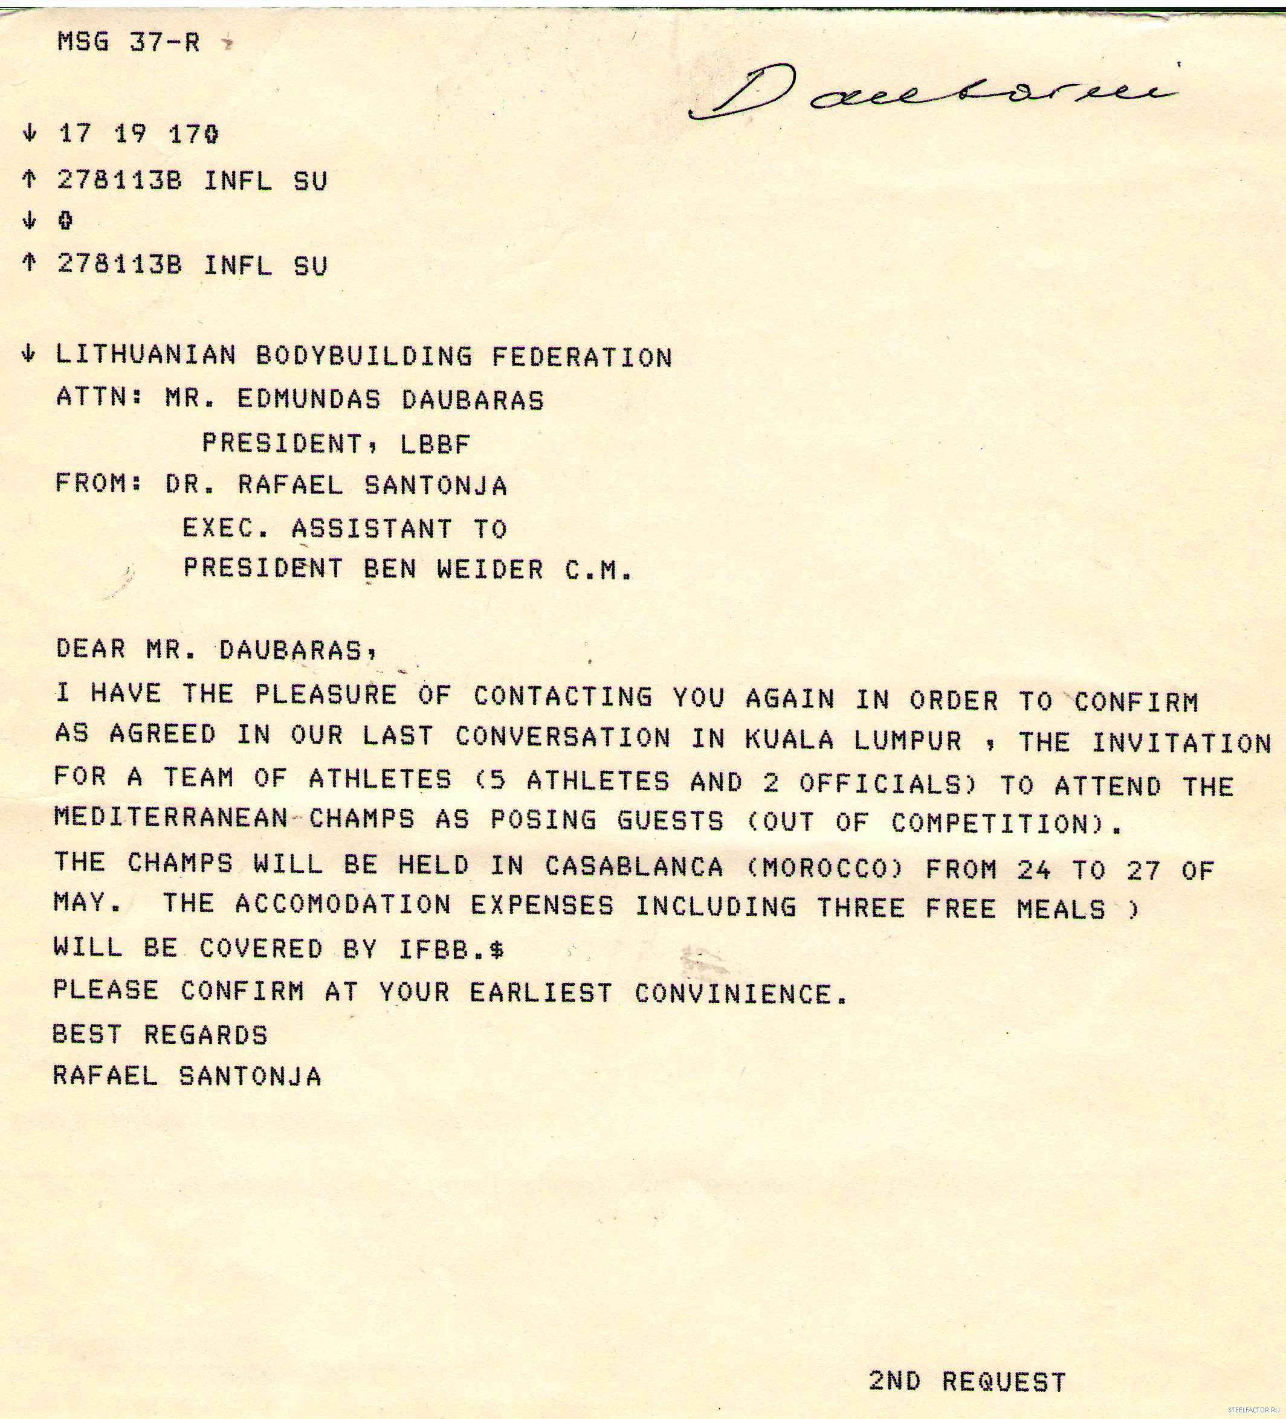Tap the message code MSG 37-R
[129, 42]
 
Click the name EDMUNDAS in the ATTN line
[308, 399]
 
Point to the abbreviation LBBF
[435, 443]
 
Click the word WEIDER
[490, 568]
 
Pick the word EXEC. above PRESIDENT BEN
[225, 527]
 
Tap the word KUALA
[789, 739]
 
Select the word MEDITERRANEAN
[170, 817]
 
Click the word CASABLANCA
[634, 866]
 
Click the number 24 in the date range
[1034, 870]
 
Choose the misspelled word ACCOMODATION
[343, 904]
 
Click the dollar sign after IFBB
[497, 950]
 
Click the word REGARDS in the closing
[205, 1035]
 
